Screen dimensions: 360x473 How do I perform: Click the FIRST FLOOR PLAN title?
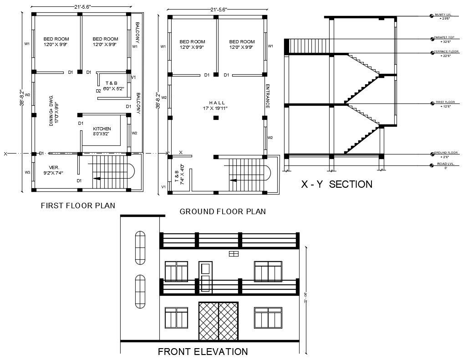78,206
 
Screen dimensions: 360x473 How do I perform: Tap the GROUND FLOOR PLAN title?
223,211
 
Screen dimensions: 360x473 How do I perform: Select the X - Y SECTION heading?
337,184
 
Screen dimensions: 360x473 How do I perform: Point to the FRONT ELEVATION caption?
203,351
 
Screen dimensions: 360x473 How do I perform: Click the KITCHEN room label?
102,129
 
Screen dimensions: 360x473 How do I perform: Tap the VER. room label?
54,167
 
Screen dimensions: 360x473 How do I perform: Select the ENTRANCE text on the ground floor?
268,96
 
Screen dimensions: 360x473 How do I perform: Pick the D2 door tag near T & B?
98,91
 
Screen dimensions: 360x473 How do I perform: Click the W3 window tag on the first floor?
27,172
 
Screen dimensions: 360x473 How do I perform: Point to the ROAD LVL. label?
446,165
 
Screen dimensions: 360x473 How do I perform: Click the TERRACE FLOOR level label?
446,52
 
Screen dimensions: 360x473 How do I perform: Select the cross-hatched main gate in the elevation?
219,321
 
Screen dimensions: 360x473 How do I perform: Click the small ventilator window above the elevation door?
234,254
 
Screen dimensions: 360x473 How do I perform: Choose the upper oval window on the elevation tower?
140,247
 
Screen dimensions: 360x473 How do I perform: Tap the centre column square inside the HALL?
216,118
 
